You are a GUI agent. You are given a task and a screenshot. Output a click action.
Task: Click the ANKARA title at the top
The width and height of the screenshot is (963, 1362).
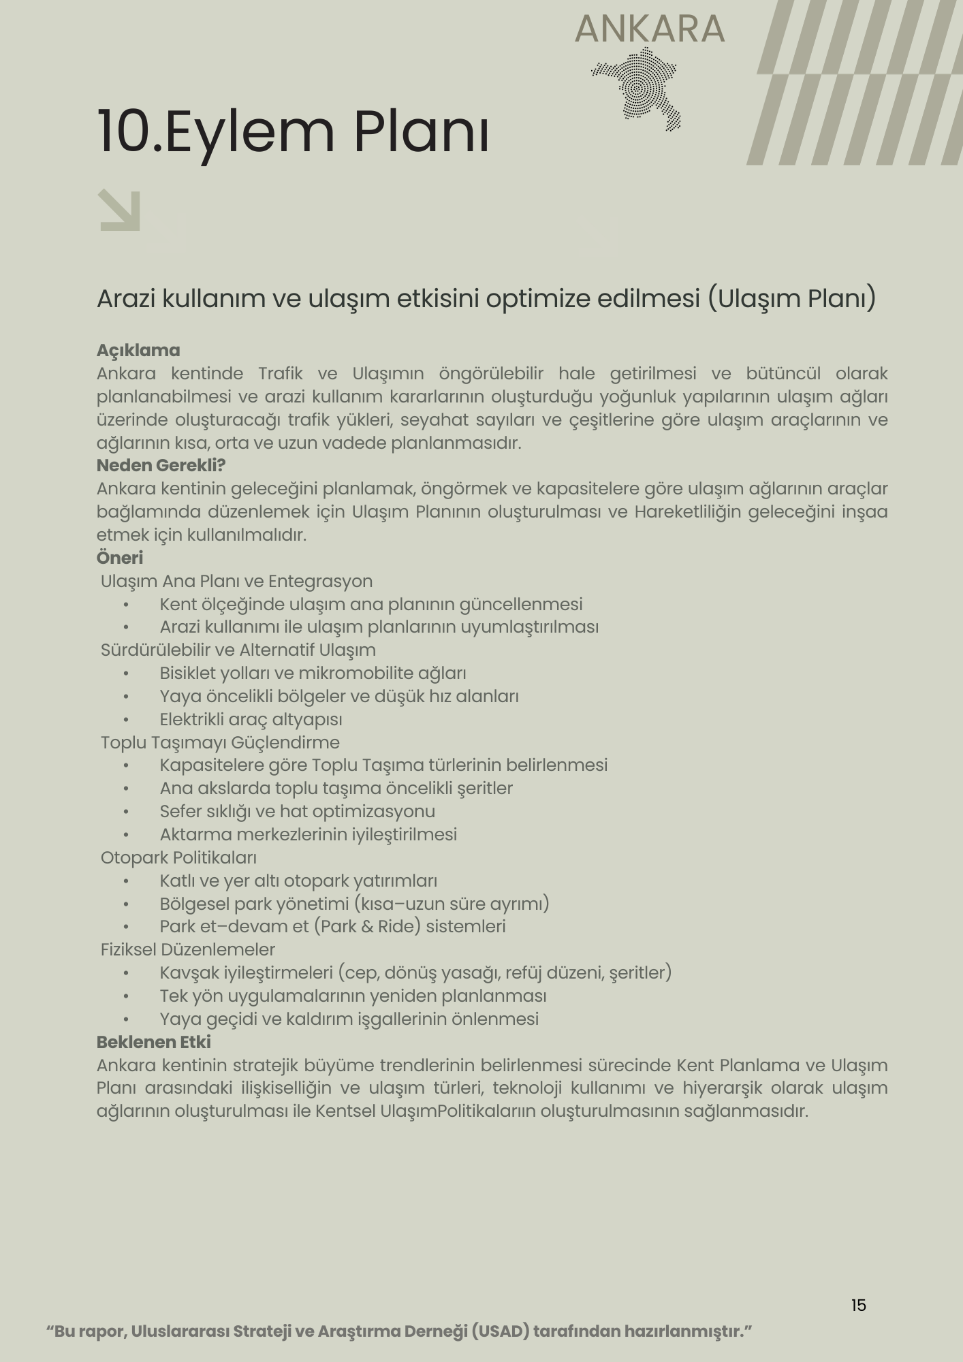coord(650,29)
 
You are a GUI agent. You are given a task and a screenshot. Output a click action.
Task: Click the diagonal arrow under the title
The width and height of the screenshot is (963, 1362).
coord(120,210)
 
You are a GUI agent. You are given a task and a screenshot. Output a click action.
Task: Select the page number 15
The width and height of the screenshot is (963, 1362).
coord(858,1305)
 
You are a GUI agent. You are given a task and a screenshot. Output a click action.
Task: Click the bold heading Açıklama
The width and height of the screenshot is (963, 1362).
coord(138,351)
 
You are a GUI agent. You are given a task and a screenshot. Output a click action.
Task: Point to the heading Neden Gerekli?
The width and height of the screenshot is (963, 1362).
coord(161,466)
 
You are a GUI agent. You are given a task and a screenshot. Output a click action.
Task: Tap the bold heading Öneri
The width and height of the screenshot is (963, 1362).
coord(120,558)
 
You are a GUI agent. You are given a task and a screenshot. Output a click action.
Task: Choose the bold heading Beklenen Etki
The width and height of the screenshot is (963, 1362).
coord(154,1042)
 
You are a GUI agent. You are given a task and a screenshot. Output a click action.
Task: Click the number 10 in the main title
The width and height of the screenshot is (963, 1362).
coord(124,131)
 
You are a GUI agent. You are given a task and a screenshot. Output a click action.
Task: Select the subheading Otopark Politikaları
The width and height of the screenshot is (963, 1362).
coord(178,857)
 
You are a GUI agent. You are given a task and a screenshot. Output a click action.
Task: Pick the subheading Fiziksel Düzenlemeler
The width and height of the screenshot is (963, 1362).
coord(188,949)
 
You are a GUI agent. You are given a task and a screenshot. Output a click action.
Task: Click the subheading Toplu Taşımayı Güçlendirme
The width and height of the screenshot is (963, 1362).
coord(220,742)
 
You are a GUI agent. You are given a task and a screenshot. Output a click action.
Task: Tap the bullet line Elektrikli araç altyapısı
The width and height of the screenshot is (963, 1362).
coord(251,719)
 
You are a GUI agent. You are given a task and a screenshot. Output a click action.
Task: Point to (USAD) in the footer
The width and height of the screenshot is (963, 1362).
coord(500,1331)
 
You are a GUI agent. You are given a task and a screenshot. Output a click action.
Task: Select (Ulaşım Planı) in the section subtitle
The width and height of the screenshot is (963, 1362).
coord(791,298)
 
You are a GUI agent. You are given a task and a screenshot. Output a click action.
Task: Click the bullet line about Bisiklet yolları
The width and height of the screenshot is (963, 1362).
coord(313,673)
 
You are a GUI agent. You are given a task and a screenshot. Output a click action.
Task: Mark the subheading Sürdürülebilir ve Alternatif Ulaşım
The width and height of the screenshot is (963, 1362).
coord(238,650)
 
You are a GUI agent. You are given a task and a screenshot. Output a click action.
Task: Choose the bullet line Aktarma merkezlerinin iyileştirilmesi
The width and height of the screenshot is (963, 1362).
coord(308,834)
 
